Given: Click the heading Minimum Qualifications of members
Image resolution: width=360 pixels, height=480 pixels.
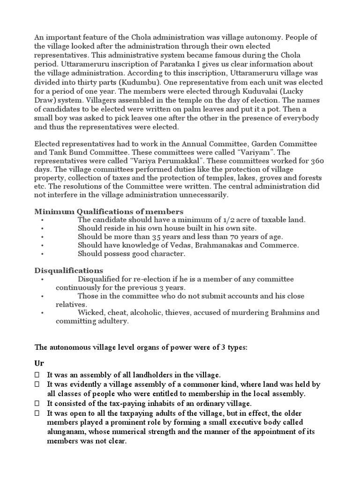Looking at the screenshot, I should (x=109, y=211).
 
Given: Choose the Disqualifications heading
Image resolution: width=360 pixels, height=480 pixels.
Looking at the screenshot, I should (x=69, y=270).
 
